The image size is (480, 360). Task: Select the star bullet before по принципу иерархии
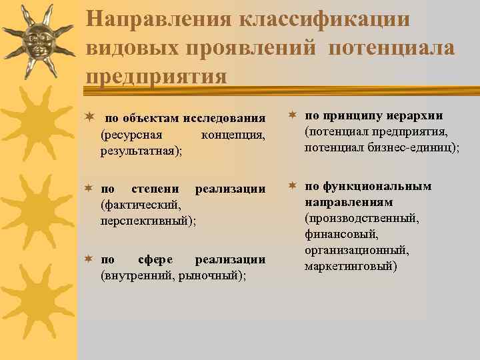[293, 116]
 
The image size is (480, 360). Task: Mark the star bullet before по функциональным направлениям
[293, 186]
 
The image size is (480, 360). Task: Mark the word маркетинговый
[350, 266]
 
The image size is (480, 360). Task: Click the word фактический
[139, 205]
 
